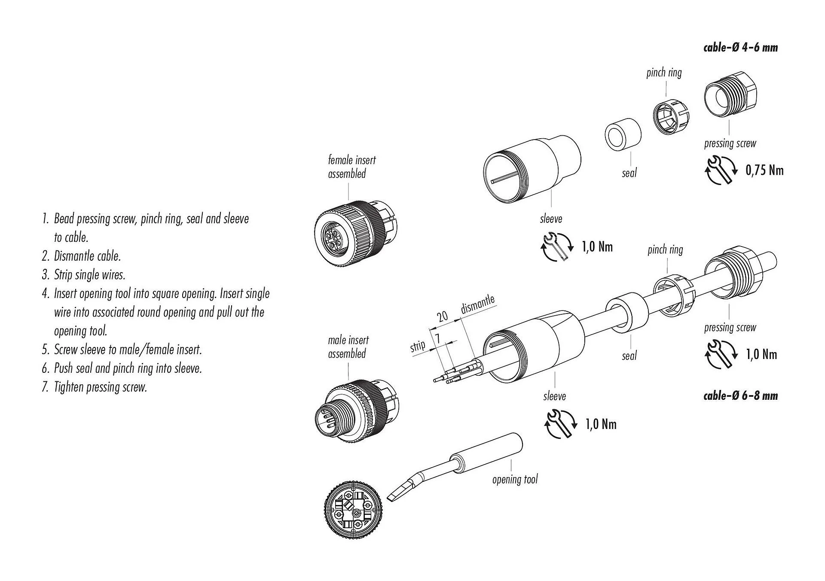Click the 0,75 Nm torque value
click(x=764, y=170)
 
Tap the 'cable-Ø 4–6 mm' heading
click(x=740, y=47)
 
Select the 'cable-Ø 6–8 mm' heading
click(x=740, y=395)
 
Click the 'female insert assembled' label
click(x=351, y=167)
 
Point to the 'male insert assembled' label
click(x=348, y=347)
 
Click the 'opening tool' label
click(x=515, y=479)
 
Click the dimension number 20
click(x=442, y=317)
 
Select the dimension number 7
click(x=437, y=338)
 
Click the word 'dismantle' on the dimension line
click(x=477, y=304)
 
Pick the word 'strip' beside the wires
click(x=418, y=346)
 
